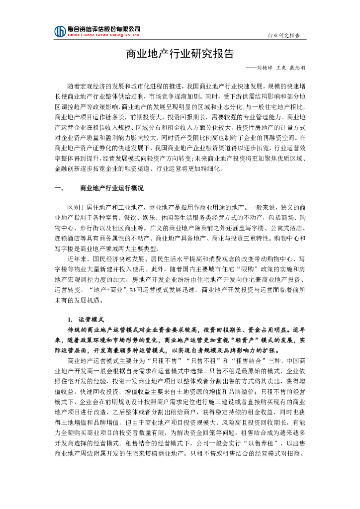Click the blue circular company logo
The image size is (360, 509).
click(60, 31)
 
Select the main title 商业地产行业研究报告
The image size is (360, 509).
click(180, 53)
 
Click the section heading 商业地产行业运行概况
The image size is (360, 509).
click(111, 188)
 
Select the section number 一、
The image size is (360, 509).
click(59, 188)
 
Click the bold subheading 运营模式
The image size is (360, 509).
click(91, 319)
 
